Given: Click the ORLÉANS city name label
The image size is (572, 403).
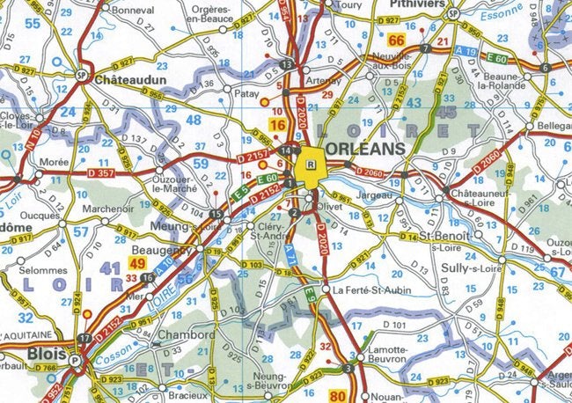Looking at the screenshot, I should (x=367, y=149).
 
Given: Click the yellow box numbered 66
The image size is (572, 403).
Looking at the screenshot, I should (x=398, y=40).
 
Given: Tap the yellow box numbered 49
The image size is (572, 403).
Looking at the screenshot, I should (x=137, y=263).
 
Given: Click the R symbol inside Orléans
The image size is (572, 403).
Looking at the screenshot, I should (x=310, y=164).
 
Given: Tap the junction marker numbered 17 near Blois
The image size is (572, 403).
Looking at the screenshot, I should (x=84, y=338).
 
